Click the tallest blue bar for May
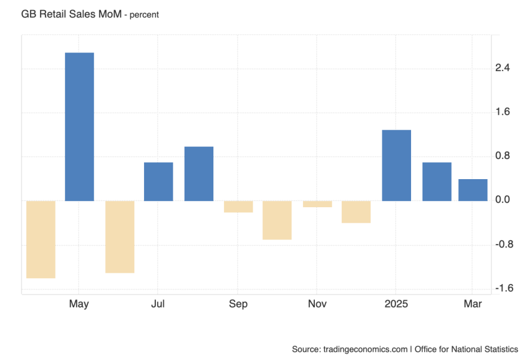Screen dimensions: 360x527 click(79, 127)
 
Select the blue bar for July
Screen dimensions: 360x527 click(158, 181)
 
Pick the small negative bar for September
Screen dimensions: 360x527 click(238, 207)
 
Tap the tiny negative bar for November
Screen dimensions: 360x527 click(317, 204)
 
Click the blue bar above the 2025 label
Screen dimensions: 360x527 click(396, 165)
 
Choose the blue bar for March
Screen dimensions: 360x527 click(473, 190)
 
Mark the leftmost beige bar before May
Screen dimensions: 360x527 click(41, 239)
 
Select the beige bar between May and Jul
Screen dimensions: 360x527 click(120, 237)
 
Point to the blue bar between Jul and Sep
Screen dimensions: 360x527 click(199, 174)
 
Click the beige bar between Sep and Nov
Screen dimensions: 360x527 click(277, 220)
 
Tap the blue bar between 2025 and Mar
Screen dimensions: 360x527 click(437, 181)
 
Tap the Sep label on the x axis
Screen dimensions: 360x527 click(238, 304)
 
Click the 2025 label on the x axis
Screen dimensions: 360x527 click(396, 304)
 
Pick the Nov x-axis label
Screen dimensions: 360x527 click(317, 304)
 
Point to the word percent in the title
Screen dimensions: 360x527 click(144, 14)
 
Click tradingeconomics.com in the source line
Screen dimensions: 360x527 click(364, 349)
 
